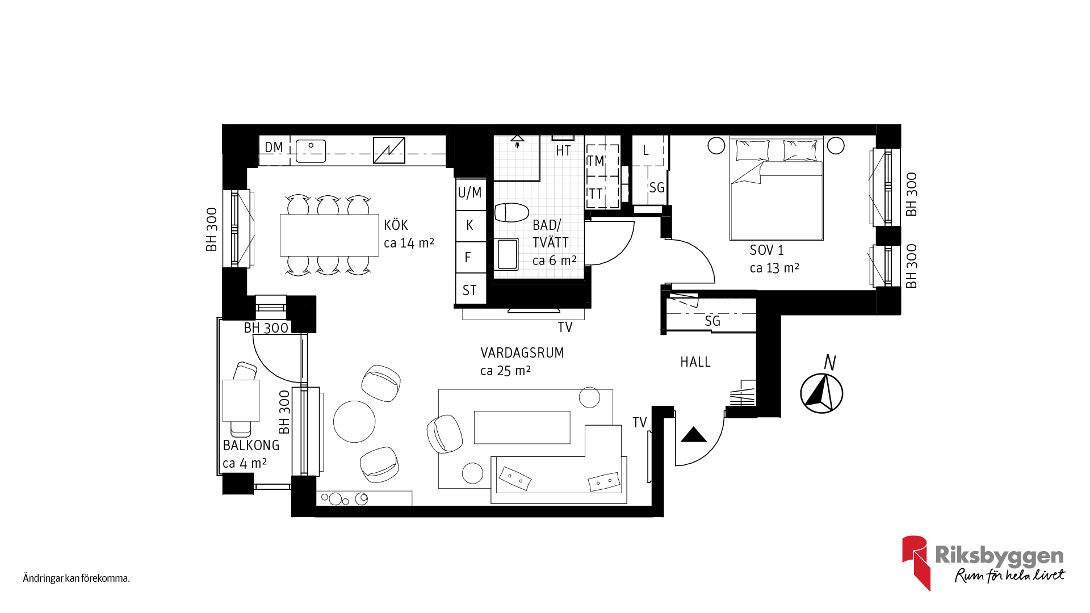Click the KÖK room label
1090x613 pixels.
pos(396,225)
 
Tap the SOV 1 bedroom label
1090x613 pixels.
pos(766,250)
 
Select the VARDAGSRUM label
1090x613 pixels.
pos(522,353)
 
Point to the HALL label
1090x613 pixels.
pos(695,362)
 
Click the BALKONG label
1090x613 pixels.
pos(251,446)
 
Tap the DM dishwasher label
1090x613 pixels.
pos(274,148)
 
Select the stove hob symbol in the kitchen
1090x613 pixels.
pos(389,150)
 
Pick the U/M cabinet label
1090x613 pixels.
pos(469,193)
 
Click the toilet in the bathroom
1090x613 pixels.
pos(512,212)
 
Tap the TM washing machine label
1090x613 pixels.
pos(596,161)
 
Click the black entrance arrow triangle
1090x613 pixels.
pos(693,435)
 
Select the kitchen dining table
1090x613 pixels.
pos(329,235)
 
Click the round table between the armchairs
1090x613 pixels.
pos(354,422)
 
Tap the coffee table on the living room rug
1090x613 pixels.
pos(522,427)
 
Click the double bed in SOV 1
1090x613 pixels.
pos(776,188)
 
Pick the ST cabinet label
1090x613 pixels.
pos(469,291)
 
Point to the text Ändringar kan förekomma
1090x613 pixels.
pos(76,578)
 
